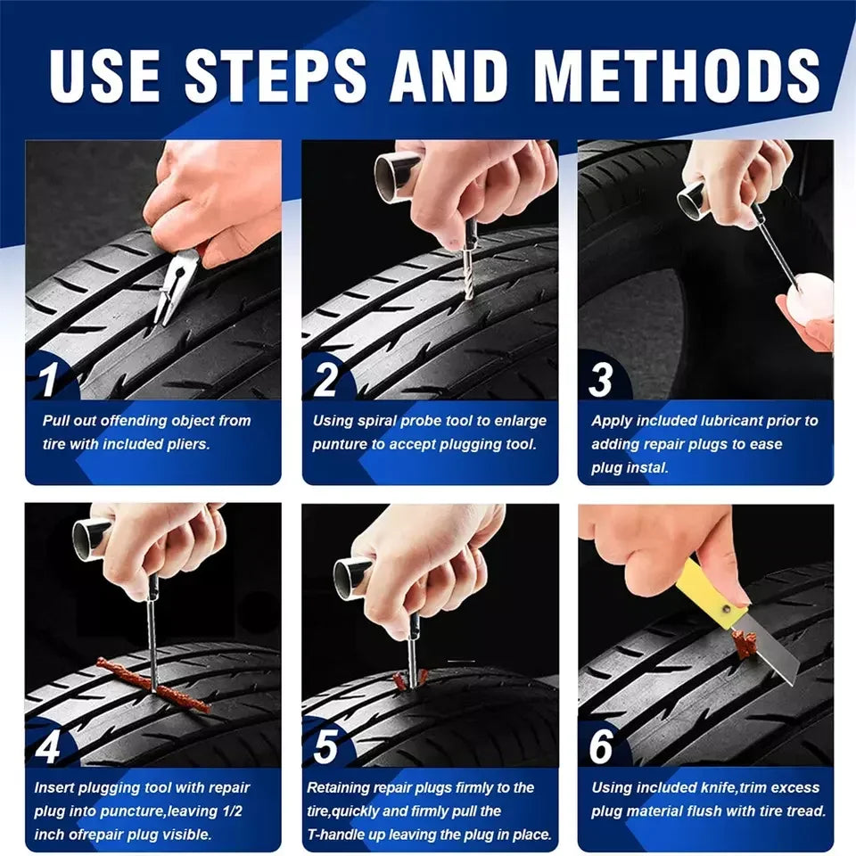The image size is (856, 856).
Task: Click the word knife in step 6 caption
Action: coord(699,788)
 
